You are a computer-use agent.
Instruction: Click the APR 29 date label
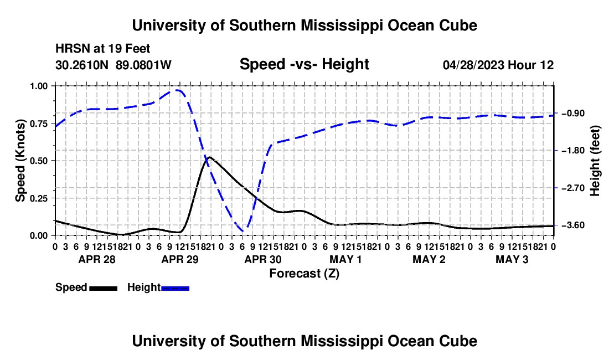pyautogui.click(x=180, y=259)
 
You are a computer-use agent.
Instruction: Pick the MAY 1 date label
pyautogui.click(x=345, y=259)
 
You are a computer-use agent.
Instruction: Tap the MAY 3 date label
pyautogui.click(x=512, y=259)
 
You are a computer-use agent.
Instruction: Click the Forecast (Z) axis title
pyautogui.click(x=304, y=274)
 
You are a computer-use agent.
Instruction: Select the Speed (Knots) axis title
pyautogui.click(x=20, y=161)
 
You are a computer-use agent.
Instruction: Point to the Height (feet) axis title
pyautogui.click(x=595, y=161)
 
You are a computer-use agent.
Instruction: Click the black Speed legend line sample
pyautogui.click(x=104, y=288)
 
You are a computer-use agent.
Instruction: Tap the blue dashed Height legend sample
pyautogui.click(x=175, y=288)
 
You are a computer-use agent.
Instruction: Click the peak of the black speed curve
pyautogui.click(x=209, y=157)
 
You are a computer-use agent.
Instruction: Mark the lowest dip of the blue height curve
pyautogui.click(x=244, y=231)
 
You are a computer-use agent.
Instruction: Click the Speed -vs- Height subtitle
pyautogui.click(x=304, y=64)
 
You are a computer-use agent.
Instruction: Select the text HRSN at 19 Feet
pyautogui.click(x=102, y=49)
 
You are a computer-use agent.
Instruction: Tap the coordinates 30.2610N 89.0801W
pyautogui.click(x=113, y=65)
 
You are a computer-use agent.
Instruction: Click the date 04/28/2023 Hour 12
pyautogui.click(x=498, y=65)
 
